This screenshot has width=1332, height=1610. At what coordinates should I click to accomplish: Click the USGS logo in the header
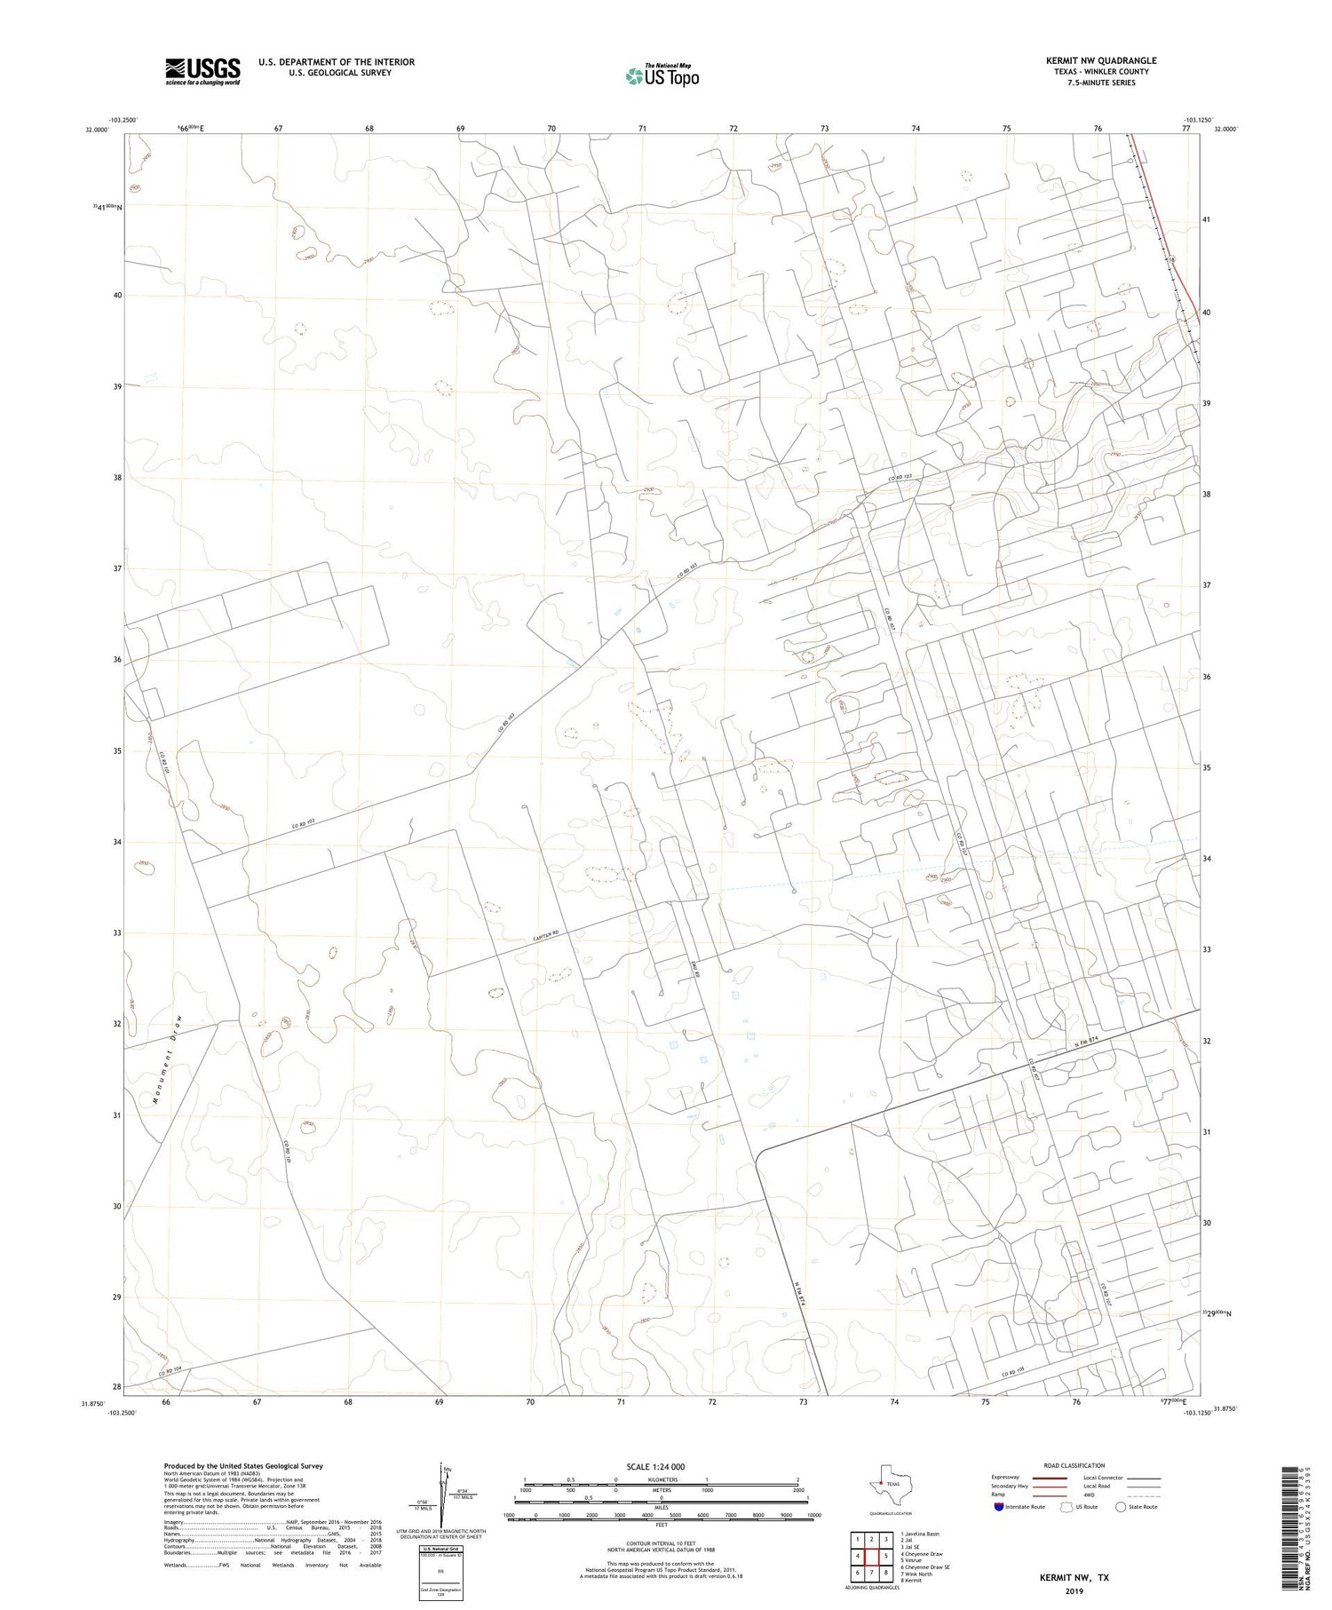pyautogui.click(x=202, y=71)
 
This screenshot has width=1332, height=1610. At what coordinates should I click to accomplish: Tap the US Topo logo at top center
pyautogui.click(x=662, y=76)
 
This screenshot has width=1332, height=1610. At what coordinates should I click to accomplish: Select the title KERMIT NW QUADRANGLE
pyautogui.click(x=1100, y=60)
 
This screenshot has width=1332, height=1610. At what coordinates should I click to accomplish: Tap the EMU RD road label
pyautogui.click(x=696, y=971)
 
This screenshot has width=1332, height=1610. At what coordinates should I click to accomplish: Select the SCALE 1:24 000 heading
pyautogui.click(x=655, y=1466)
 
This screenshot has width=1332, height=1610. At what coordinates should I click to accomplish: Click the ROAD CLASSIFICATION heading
pyautogui.click(x=1074, y=1465)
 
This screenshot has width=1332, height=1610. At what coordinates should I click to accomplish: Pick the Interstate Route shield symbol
pyautogui.click(x=998, y=1507)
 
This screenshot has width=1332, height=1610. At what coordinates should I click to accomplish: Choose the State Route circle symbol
pyautogui.click(x=1121, y=1507)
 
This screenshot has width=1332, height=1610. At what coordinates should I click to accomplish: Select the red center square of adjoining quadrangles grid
pyautogui.click(x=872, y=1556)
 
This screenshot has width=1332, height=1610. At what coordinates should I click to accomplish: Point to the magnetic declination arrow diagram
pyautogui.click(x=443, y=1492)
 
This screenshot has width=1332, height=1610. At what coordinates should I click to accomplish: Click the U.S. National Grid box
pyautogui.click(x=441, y=1573)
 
